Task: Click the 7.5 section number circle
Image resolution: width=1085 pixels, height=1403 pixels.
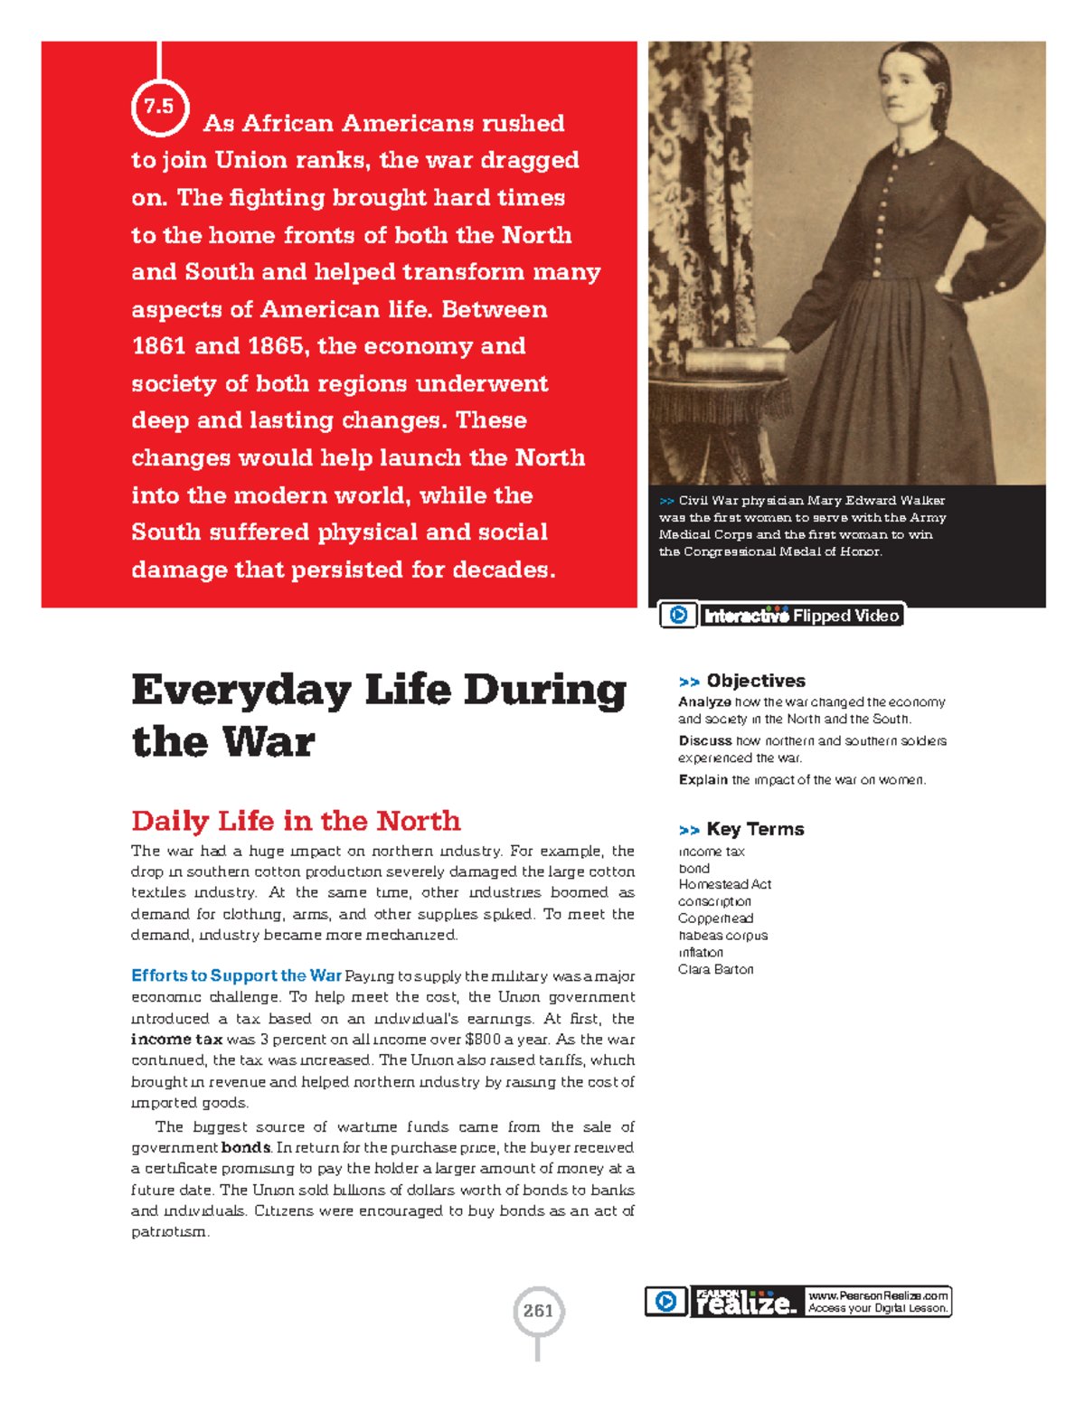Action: pos(159,107)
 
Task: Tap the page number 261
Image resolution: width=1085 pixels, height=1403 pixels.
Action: pos(538,1311)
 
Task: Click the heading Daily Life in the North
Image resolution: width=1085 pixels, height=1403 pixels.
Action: pos(296,821)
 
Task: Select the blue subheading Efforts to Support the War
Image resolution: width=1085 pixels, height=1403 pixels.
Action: pos(236,975)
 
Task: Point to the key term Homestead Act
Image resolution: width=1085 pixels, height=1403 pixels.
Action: pos(724,884)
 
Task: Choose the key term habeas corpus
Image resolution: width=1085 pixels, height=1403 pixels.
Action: pos(722,936)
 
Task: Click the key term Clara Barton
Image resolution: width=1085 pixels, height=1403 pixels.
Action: pos(715,969)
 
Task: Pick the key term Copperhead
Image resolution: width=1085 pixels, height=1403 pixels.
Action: pos(715,918)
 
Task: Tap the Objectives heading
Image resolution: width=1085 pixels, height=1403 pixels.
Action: pos(755,681)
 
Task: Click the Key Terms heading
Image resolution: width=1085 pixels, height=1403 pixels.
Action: pos(755,829)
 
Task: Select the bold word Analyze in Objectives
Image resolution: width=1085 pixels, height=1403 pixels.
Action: pos(704,701)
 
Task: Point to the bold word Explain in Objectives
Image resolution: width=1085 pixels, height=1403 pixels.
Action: pos(703,779)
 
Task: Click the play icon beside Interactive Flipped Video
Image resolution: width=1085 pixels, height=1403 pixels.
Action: pos(678,616)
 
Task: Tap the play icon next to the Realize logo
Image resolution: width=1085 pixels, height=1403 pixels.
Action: pos(665,1302)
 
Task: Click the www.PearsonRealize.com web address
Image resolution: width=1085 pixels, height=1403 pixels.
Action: pos(878,1295)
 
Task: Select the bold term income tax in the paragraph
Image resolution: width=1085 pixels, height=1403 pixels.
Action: pos(176,1040)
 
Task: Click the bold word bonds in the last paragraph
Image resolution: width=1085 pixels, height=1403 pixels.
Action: pos(246,1148)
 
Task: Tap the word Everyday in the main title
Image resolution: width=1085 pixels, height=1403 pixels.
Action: pos(241,692)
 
